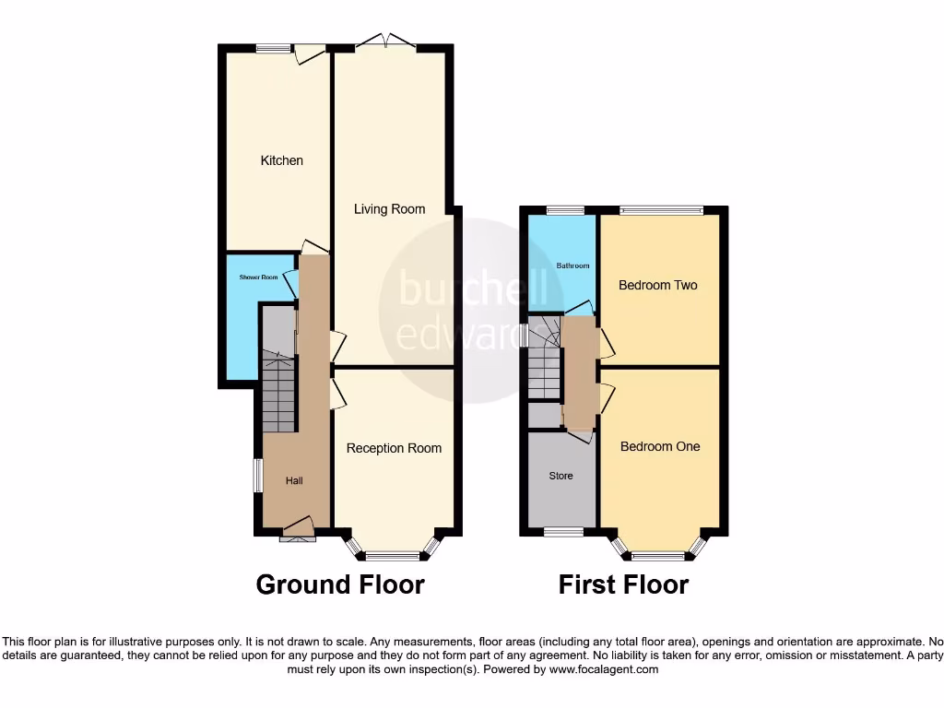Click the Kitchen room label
281,160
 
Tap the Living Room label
389,209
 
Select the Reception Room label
394,448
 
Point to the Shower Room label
258,277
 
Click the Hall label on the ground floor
293,480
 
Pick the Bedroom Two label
657,285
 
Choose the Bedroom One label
659,446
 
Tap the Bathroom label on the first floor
572,266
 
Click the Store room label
560,476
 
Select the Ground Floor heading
339,584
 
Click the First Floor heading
623,584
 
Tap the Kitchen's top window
274,49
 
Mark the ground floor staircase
278,392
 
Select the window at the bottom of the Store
562,532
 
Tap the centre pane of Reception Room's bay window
393,556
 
